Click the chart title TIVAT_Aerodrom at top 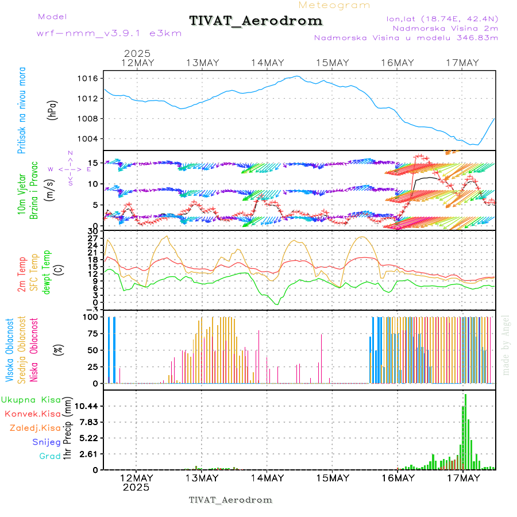pos(256,21)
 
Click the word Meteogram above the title pos(334,5)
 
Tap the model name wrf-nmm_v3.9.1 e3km pos(109,33)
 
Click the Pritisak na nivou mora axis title pos(22,111)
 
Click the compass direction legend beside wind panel pos(70,169)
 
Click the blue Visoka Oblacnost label pos(9,350)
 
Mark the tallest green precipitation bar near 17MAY pos(465,431)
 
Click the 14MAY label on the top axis pos(267,63)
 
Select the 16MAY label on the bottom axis pos(398,478)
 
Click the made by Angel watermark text pos(506,345)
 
